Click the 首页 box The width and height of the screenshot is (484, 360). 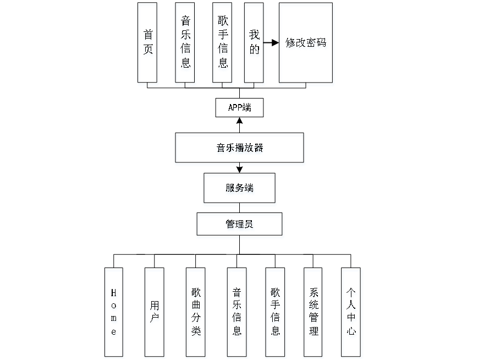coord(147,42)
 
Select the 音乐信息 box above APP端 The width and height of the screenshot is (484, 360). coord(185,42)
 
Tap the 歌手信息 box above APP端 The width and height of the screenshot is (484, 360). coord(222,42)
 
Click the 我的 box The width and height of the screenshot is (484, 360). coord(254,42)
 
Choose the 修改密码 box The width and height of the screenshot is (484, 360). coord(305,42)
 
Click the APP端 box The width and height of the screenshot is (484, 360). coord(239,107)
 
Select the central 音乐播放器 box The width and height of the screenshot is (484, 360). coord(239,148)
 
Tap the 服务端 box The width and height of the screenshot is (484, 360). coord(239,188)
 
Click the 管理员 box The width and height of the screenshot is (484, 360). coord(239,224)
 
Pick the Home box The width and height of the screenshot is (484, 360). coord(114,312)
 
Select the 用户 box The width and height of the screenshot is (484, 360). coord(155,312)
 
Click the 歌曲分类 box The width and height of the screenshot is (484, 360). coord(195,312)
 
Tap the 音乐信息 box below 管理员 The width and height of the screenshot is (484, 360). coord(237,312)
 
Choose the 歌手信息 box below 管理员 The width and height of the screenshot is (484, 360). coord(275,312)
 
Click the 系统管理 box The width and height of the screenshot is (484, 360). coord(313,312)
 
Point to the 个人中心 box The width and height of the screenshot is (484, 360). coord(351,312)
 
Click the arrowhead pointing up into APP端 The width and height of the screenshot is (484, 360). coord(239,120)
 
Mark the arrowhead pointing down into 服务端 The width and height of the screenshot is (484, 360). coord(239,170)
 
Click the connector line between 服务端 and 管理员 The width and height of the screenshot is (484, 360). coord(239,208)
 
